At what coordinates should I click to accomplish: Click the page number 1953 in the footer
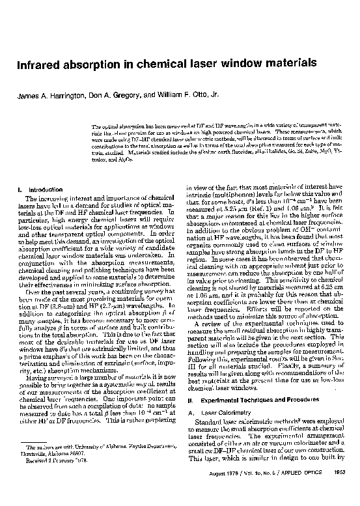342,490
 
